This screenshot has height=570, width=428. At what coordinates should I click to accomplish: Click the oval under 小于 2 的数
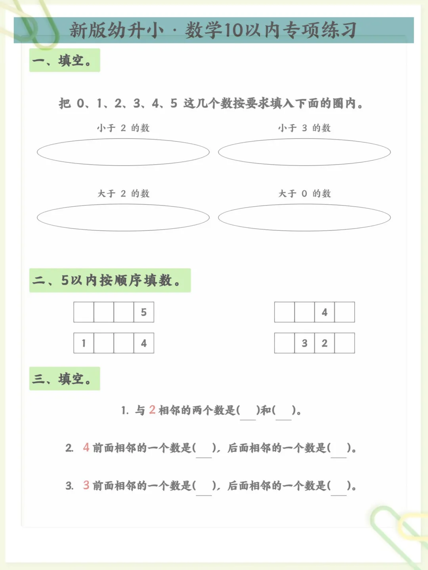coord(123,152)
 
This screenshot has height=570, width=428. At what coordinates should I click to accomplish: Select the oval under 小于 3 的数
coord(304,152)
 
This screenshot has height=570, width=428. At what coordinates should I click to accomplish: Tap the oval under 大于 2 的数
coord(123,217)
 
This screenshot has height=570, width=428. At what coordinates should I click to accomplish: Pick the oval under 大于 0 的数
coord(304,217)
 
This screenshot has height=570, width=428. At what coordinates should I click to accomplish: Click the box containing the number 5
coord(144,312)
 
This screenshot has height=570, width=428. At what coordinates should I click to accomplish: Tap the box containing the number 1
coord(84,343)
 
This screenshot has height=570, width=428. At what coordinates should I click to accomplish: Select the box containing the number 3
coord(304,343)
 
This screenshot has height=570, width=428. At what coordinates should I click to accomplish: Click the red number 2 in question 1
coord(152,410)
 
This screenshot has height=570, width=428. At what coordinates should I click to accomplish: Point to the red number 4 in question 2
coord(86,447)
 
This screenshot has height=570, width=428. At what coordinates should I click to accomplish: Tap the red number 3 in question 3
coord(86,485)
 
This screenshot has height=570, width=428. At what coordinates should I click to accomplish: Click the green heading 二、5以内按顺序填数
coord(110,280)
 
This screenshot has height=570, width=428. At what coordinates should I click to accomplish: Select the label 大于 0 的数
coord(304,194)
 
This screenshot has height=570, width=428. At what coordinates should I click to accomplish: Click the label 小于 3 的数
coord(304,128)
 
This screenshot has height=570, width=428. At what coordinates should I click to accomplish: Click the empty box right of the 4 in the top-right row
coord(344,312)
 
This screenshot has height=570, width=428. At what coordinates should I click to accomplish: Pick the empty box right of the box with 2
coord(344,343)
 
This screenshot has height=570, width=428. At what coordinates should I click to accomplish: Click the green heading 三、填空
coord(65,379)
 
